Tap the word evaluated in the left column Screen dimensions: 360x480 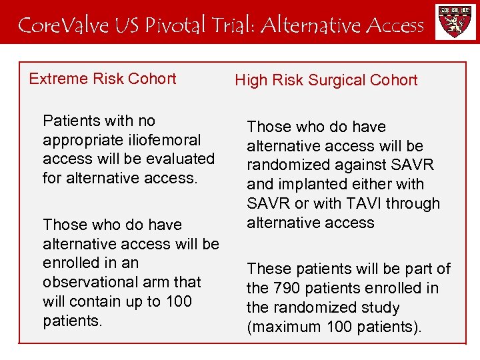click(183, 159)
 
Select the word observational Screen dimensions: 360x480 click(89, 282)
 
